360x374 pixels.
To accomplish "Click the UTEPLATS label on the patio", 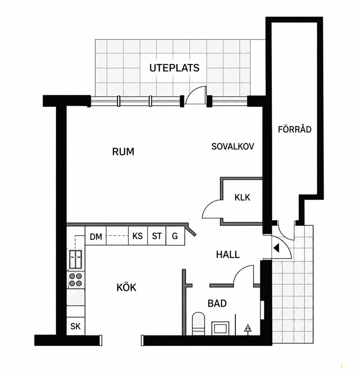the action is (x=174, y=68).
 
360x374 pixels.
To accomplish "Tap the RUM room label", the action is (x=123, y=151).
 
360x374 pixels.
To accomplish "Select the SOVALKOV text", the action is (x=233, y=146).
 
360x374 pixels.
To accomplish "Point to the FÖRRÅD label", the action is (x=295, y=129).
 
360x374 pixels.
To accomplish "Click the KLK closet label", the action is (x=242, y=197).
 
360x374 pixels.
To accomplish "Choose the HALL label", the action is (x=228, y=255).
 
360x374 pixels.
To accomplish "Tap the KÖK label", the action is (x=126, y=288).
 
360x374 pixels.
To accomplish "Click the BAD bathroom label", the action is (x=217, y=303).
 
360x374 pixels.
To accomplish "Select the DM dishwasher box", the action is (x=96, y=236).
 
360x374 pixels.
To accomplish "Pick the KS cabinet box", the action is (x=138, y=236).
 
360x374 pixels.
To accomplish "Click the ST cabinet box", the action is (x=156, y=236).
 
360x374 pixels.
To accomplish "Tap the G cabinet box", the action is (x=175, y=236).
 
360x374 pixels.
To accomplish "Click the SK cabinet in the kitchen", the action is (x=76, y=326).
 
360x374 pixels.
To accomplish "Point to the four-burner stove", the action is (x=76, y=280).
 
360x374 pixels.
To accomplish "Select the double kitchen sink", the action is (x=76, y=259).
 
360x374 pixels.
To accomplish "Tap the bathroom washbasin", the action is (x=220, y=328).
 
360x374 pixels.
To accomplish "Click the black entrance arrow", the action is (x=276, y=248).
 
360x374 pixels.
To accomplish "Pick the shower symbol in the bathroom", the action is (x=248, y=329).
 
